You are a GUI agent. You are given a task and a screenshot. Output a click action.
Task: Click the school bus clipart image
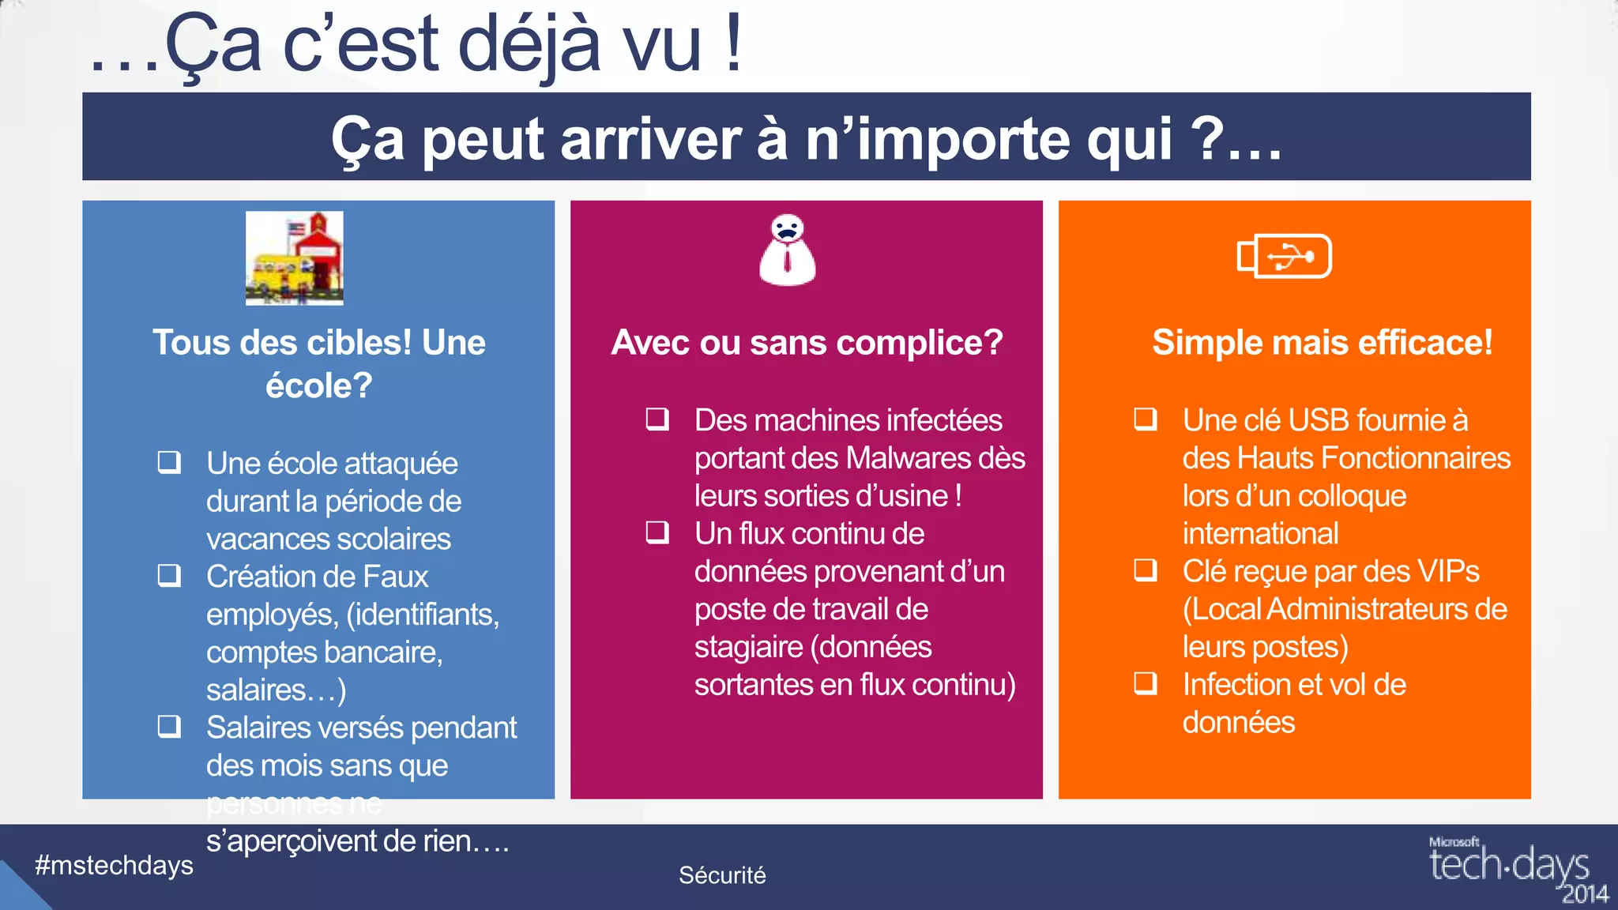tap(294, 258)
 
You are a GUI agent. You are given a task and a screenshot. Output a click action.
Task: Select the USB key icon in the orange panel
tap(1284, 256)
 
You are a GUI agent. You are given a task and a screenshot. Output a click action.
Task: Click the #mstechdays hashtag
tap(114, 866)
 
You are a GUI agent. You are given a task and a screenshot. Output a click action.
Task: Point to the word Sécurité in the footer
tap(722, 875)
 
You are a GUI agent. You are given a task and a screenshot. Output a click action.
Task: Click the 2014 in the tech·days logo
tap(1585, 894)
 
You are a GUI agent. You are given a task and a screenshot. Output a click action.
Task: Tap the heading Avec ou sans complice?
tap(807, 343)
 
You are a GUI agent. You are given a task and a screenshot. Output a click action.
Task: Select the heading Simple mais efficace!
tap(1322, 343)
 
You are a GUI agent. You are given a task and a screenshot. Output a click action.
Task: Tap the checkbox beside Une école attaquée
tap(169, 462)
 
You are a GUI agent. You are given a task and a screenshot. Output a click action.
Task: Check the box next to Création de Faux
tap(169, 575)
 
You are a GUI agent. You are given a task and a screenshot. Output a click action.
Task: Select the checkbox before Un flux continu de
tap(657, 532)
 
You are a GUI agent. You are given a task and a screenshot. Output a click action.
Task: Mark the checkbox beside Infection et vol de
tap(1146, 683)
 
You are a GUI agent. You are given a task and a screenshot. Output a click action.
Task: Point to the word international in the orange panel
tap(1260, 534)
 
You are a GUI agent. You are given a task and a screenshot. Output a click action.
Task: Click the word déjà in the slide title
tap(529, 46)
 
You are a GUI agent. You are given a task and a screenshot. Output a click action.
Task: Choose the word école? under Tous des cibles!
tap(318, 386)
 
